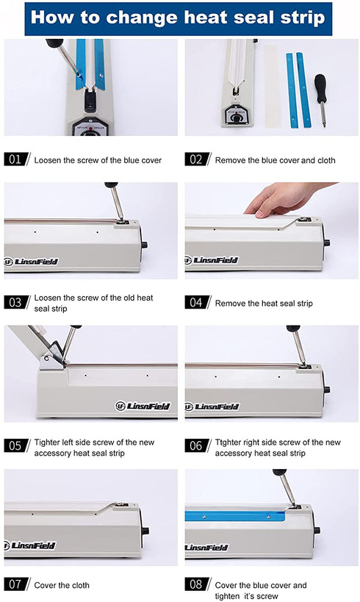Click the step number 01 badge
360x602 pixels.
(16, 160)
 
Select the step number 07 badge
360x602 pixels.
(16, 584)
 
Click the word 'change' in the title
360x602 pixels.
(142, 18)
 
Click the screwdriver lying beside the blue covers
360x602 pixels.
(321, 100)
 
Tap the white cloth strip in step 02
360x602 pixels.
(272, 87)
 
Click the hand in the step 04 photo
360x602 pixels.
(284, 198)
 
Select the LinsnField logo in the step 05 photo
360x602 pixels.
(143, 406)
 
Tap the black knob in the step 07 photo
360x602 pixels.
(145, 531)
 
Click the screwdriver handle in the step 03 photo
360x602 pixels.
(111, 184)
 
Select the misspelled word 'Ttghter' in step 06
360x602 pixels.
(228, 442)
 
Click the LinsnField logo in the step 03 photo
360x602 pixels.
(31, 262)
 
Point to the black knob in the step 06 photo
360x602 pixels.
(327, 390)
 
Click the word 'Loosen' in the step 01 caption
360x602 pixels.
(48, 160)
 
